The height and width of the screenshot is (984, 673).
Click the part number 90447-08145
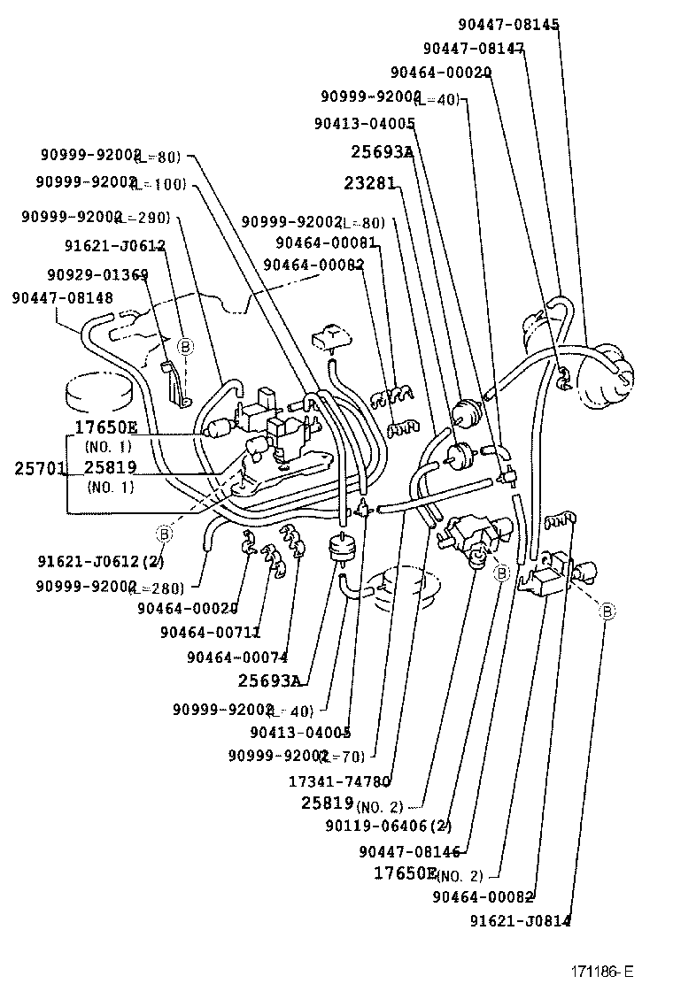(508, 25)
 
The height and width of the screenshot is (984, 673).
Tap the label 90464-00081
(326, 242)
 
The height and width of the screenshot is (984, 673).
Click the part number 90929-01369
(97, 274)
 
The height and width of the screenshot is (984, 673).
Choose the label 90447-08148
(62, 298)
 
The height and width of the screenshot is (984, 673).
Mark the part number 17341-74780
(340, 781)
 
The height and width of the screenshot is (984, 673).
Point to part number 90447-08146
(410, 851)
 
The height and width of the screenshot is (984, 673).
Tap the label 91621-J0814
(520, 920)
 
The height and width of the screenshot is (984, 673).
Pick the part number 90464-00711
(211, 632)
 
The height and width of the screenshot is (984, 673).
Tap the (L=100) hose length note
(160, 182)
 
